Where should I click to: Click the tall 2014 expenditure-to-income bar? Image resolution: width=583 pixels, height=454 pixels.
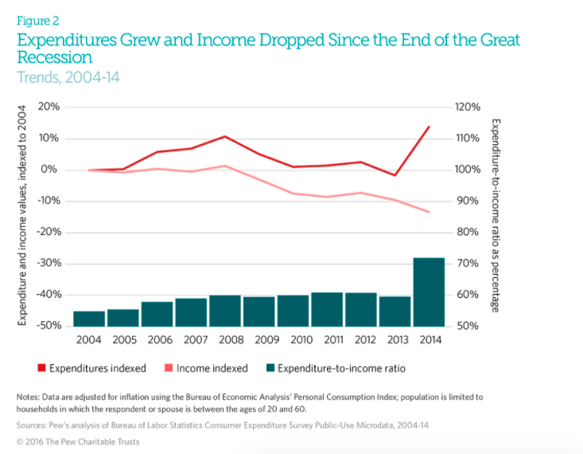coord(429,292)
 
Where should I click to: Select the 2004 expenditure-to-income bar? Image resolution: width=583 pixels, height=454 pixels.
coord(89,319)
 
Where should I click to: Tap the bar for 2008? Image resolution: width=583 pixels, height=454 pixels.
coord(225,311)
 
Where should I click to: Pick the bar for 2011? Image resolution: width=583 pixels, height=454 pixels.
coord(327,309)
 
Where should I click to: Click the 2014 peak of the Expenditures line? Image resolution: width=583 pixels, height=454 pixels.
coord(429,127)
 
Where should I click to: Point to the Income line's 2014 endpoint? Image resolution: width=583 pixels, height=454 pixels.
coord(429,212)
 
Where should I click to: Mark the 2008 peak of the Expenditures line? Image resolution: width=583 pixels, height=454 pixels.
coord(225,136)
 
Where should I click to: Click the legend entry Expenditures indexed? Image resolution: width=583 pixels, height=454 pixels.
coord(91,368)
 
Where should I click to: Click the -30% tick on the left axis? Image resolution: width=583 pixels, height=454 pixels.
coord(47,264)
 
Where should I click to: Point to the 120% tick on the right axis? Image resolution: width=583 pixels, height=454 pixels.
coord(468,107)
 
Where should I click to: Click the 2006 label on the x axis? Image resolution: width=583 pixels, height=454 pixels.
coord(157,339)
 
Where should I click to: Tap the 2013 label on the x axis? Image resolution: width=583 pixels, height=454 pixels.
coord(394,339)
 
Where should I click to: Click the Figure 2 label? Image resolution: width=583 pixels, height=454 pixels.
coord(37,22)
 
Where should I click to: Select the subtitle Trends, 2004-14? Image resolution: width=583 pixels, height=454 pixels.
coord(68,77)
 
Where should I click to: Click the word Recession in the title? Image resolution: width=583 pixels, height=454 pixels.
coord(54,57)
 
